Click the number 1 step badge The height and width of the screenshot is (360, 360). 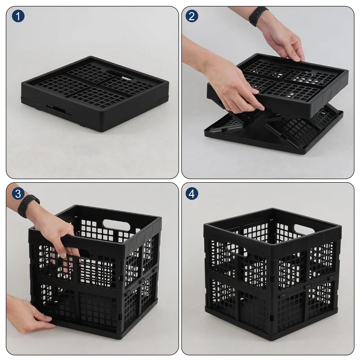[18, 16]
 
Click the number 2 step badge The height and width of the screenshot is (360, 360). [192, 16]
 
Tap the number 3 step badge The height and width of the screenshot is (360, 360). [18, 193]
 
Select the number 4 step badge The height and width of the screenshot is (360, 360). [192, 193]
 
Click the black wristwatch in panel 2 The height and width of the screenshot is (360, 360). [258, 16]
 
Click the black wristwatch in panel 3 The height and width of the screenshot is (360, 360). [28, 206]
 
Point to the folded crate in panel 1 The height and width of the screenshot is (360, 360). [95, 94]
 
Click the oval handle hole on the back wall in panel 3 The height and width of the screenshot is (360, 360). [116, 225]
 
